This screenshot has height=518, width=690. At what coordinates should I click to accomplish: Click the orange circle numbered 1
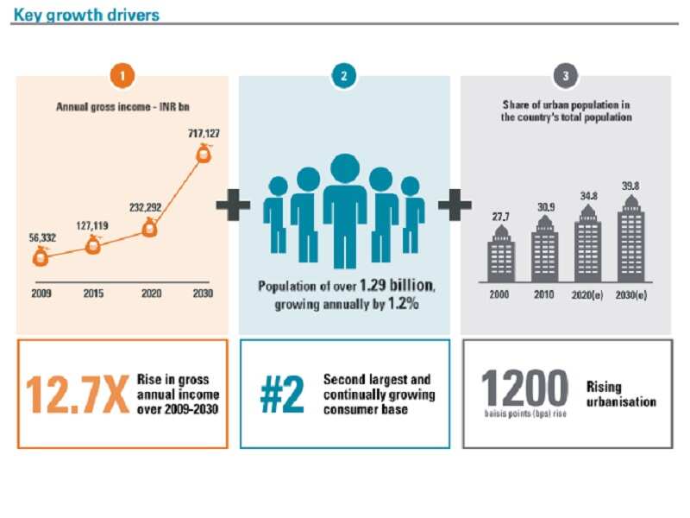pos(122,76)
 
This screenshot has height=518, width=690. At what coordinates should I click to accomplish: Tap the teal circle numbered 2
pos(344,76)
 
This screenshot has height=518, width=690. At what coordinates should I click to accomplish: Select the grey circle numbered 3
pos(566,76)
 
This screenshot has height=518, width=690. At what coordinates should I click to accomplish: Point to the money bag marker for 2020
pos(149,230)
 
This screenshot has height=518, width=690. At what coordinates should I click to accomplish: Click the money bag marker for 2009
pos(41,256)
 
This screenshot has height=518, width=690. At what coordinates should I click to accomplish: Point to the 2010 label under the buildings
pos(544,294)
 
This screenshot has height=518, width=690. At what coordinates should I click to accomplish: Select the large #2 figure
pos(283,393)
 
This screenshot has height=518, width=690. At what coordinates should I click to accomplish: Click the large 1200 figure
pos(524,388)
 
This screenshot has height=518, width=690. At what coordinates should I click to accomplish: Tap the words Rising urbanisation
pos(621,395)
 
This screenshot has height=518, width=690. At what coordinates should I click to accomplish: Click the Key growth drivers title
pos(86,15)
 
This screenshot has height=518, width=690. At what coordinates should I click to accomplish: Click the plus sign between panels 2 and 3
pos(455,205)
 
